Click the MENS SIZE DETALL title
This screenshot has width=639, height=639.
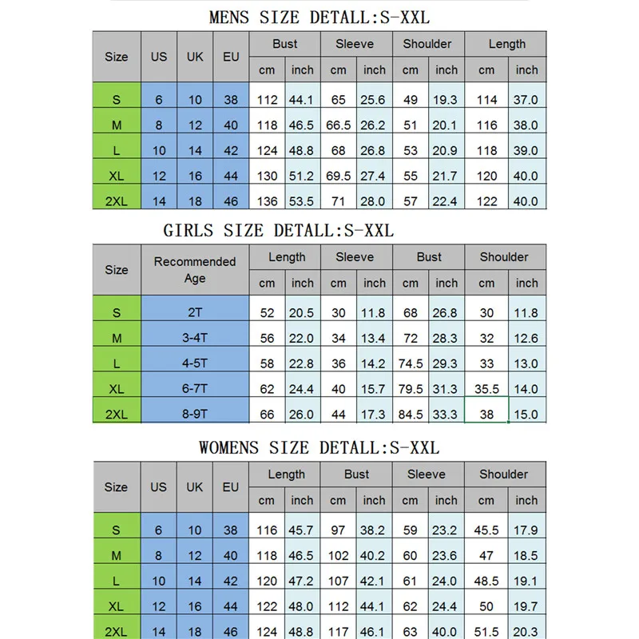coord(319,17)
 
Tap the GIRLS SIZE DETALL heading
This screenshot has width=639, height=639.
coord(279,230)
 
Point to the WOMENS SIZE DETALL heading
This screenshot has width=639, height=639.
coord(319,447)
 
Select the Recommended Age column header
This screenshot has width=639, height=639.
coord(195,270)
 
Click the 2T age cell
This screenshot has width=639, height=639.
coord(195,313)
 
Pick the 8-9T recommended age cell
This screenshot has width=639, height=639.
coord(195,415)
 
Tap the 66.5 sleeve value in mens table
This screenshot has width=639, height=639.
coord(339,125)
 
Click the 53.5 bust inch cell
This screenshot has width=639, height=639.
coord(303,201)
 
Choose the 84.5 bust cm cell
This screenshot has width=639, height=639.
coord(411,415)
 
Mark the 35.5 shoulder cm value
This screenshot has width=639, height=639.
coord(486,390)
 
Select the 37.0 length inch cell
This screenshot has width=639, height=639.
coord(526,100)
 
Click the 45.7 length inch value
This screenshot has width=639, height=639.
coord(303,530)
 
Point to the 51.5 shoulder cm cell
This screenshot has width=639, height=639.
coord(486,632)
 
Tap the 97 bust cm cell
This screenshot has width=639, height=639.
coord(339,530)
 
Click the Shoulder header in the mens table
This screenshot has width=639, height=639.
coord(428,44)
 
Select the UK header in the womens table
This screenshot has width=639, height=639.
coord(195,486)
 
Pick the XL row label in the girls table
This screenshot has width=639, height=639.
coord(117,390)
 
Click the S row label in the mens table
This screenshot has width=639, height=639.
coord(117,100)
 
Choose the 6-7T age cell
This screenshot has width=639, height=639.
coord(195,390)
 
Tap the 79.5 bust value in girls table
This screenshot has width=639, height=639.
coord(411,390)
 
